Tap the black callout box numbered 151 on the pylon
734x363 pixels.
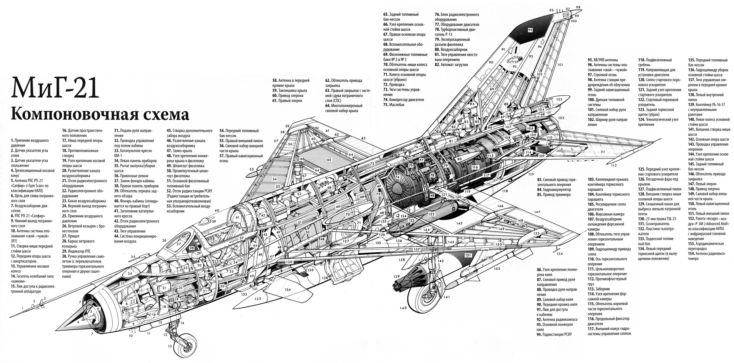tap(468, 255)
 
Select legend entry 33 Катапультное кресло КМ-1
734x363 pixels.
tap(133, 153)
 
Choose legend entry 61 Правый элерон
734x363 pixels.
tap(287, 101)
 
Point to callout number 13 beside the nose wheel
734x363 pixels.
tap(170, 346)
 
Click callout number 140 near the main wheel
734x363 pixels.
tap(403, 308)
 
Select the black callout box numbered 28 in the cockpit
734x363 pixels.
tap(192, 248)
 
